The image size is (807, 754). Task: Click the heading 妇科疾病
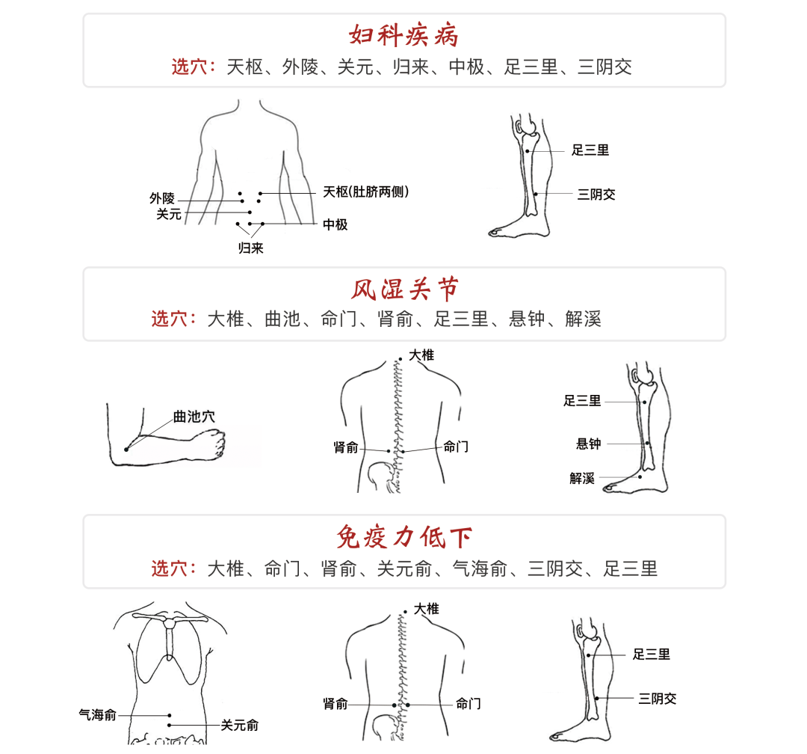tap(403, 36)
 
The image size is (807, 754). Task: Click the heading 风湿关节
tap(404, 289)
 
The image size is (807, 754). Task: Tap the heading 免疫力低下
tap(404, 537)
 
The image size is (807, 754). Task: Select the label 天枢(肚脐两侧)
tap(366, 191)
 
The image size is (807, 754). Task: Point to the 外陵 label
tap(162, 198)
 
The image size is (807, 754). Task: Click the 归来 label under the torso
tap(250, 248)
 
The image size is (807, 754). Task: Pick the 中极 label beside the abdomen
tap(335, 224)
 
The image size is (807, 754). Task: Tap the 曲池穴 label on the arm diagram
tap(194, 417)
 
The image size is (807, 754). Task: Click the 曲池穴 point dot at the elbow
tap(126, 450)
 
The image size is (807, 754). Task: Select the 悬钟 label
tap(588, 444)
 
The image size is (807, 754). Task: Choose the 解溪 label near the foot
tap(582, 478)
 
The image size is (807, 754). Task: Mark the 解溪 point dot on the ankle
tap(640, 476)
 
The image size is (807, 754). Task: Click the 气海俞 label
tap(98, 715)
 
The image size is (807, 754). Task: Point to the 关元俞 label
tap(239, 725)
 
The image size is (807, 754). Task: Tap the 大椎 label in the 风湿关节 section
tap(421, 355)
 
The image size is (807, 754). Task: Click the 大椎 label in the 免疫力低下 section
tap(427, 609)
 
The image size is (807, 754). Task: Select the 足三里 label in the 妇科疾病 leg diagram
tap(590, 150)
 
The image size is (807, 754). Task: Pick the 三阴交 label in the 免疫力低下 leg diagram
tap(658, 699)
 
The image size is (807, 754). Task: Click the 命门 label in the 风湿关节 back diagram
tap(456, 447)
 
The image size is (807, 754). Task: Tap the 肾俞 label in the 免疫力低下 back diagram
tap(336, 703)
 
